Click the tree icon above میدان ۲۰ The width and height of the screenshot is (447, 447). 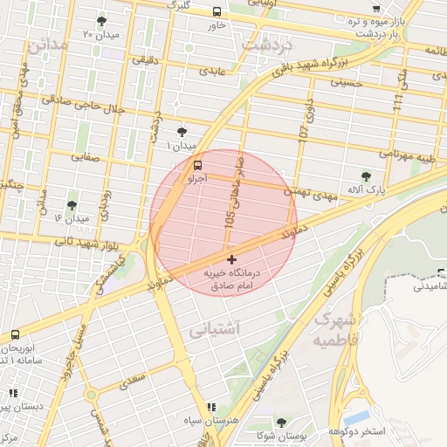click(x=102, y=20)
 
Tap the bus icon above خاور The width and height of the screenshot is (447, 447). click(x=217, y=11)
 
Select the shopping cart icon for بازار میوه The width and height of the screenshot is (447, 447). click(x=376, y=7)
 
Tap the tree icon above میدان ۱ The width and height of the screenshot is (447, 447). click(x=182, y=132)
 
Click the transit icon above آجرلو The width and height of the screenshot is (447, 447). click(x=198, y=164)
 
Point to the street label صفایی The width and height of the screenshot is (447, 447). click(x=84, y=158)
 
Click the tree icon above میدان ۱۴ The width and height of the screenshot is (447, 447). click(x=72, y=204)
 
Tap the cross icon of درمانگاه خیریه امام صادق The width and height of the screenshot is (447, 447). click(x=231, y=259)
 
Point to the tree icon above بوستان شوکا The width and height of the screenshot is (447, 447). click(x=280, y=423)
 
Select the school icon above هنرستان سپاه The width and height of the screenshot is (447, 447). click(x=211, y=407)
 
